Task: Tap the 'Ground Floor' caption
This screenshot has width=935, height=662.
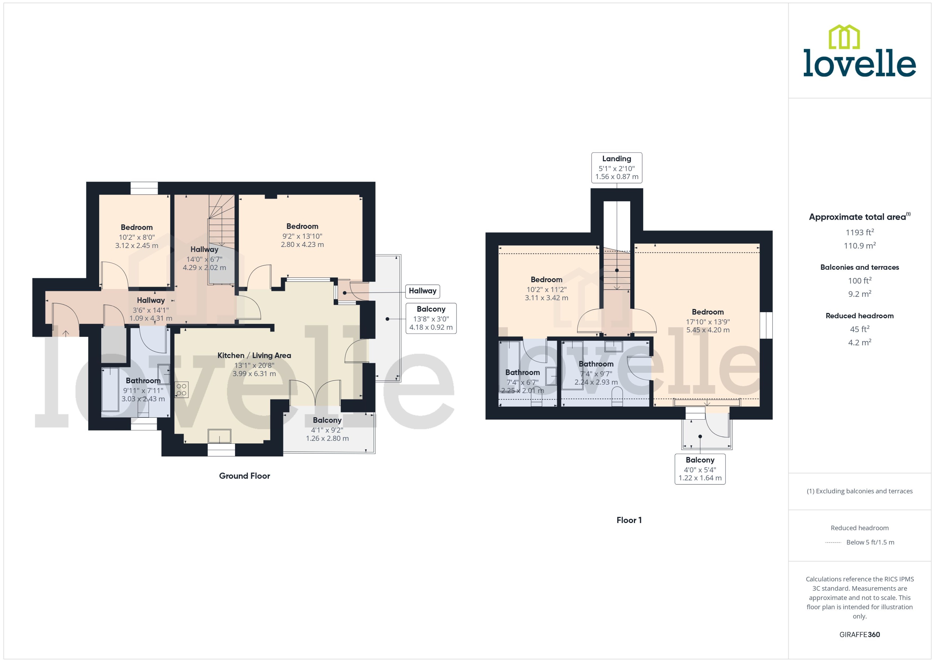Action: (244, 476)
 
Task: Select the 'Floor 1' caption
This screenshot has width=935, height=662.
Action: (629, 520)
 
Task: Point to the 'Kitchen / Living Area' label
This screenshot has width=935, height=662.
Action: (254, 355)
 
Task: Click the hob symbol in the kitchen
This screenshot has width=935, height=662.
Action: (182, 390)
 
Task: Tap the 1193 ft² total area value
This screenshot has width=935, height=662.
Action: (859, 232)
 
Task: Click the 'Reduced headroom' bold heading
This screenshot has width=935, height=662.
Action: (859, 316)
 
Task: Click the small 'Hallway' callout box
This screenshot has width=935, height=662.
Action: (422, 291)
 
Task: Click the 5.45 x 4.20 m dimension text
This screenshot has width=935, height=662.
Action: (708, 330)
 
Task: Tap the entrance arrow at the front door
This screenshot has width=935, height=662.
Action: (66, 333)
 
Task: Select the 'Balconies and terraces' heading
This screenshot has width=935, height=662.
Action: (859, 268)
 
